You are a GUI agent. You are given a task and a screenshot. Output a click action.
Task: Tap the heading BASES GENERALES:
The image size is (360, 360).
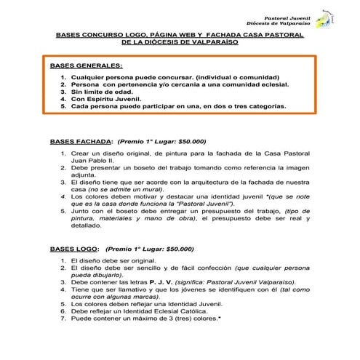(86, 65)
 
